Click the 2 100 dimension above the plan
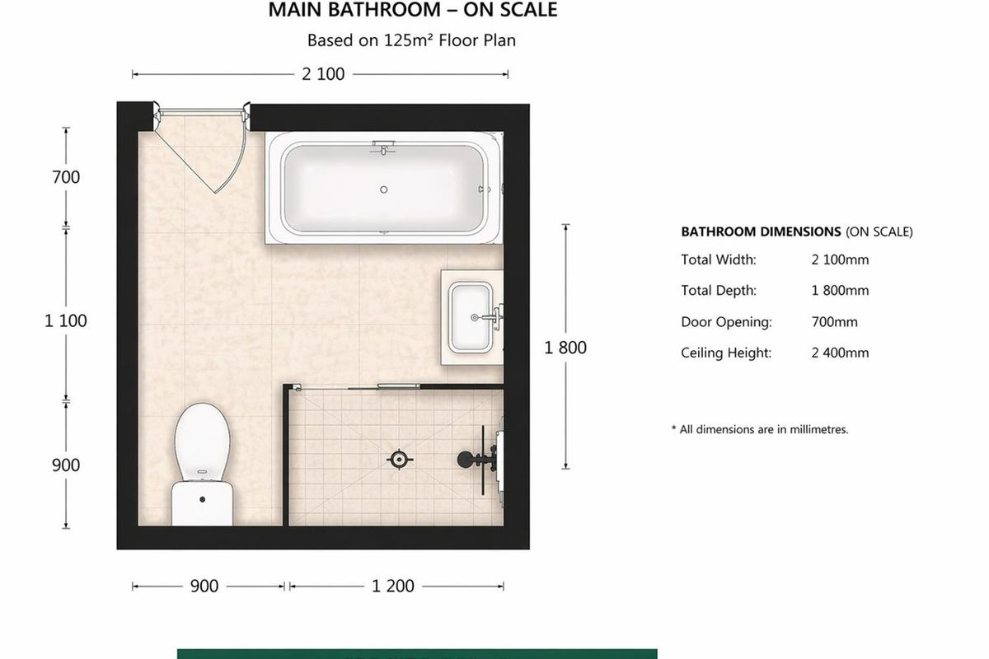(323, 74)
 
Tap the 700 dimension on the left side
(67, 177)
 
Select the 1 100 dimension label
(66, 321)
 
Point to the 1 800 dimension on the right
(565, 348)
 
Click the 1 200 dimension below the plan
(393, 587)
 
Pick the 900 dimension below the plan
(204, 587)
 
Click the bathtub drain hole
(383, 189)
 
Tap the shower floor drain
(399, 459)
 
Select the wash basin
(472, 316)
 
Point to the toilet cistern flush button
(203, 498)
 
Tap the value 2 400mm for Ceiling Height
(840, 353)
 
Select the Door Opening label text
(726, 322)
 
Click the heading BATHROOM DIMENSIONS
(761, 232)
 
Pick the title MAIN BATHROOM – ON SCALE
(413, 11)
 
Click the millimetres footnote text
(760, 429)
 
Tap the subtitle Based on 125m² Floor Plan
(411, 40)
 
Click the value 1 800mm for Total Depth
(840, 291)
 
